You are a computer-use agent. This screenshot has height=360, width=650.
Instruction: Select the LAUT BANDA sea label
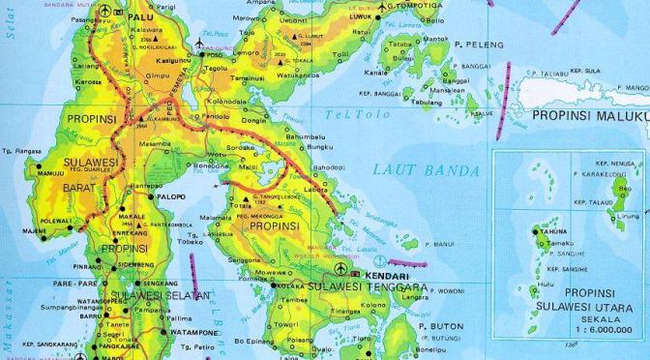[426, 171]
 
